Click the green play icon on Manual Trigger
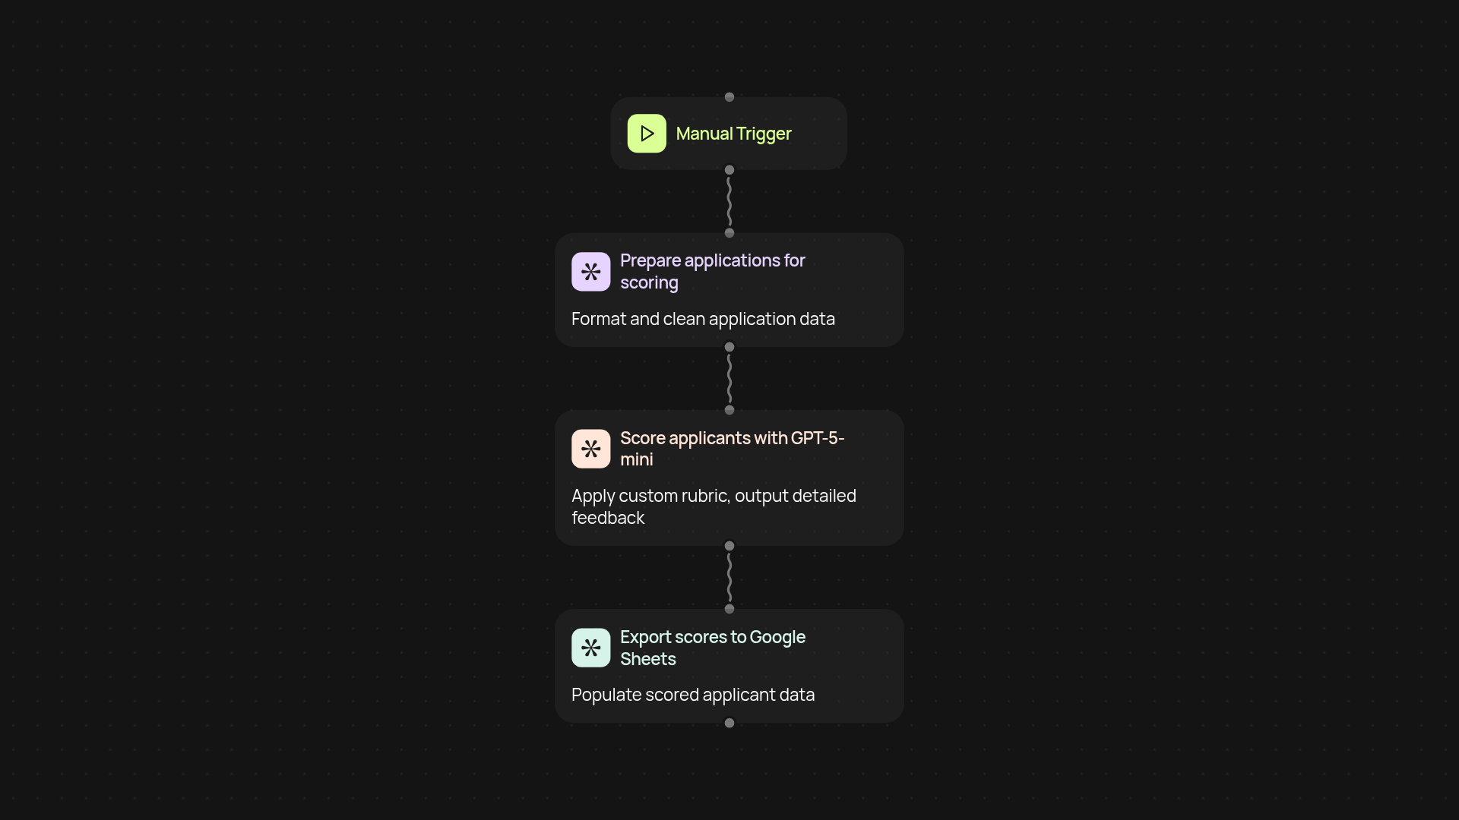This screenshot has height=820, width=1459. (647, 134)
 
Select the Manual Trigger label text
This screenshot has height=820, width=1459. (733, 134)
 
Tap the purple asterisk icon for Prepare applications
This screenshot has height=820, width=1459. (591, 272)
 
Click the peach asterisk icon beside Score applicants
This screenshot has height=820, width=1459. (591, 449)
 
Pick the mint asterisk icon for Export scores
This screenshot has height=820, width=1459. (591, 648)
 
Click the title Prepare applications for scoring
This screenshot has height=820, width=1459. (713, 271)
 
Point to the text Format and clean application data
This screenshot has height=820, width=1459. (703, 319)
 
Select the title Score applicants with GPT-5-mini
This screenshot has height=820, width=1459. (732, 449)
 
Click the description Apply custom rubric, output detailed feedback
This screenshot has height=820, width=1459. (714, 506)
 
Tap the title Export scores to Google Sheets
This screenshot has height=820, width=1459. (713, 648)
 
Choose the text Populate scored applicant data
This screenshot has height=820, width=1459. (693, 695)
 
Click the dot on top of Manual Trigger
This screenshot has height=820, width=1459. (729, 97)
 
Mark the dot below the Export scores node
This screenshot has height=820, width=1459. (729, 723)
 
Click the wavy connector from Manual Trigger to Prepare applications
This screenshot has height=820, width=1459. (729, 201)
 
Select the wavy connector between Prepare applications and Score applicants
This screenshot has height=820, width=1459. (729, 378)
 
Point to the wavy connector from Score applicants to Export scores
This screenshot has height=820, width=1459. (729, 577)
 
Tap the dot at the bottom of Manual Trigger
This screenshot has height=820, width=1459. (729, 170)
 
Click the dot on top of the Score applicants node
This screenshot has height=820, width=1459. (729, 410)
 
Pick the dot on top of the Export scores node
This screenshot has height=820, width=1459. (729, 609)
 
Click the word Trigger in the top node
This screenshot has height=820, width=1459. (764, 134)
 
